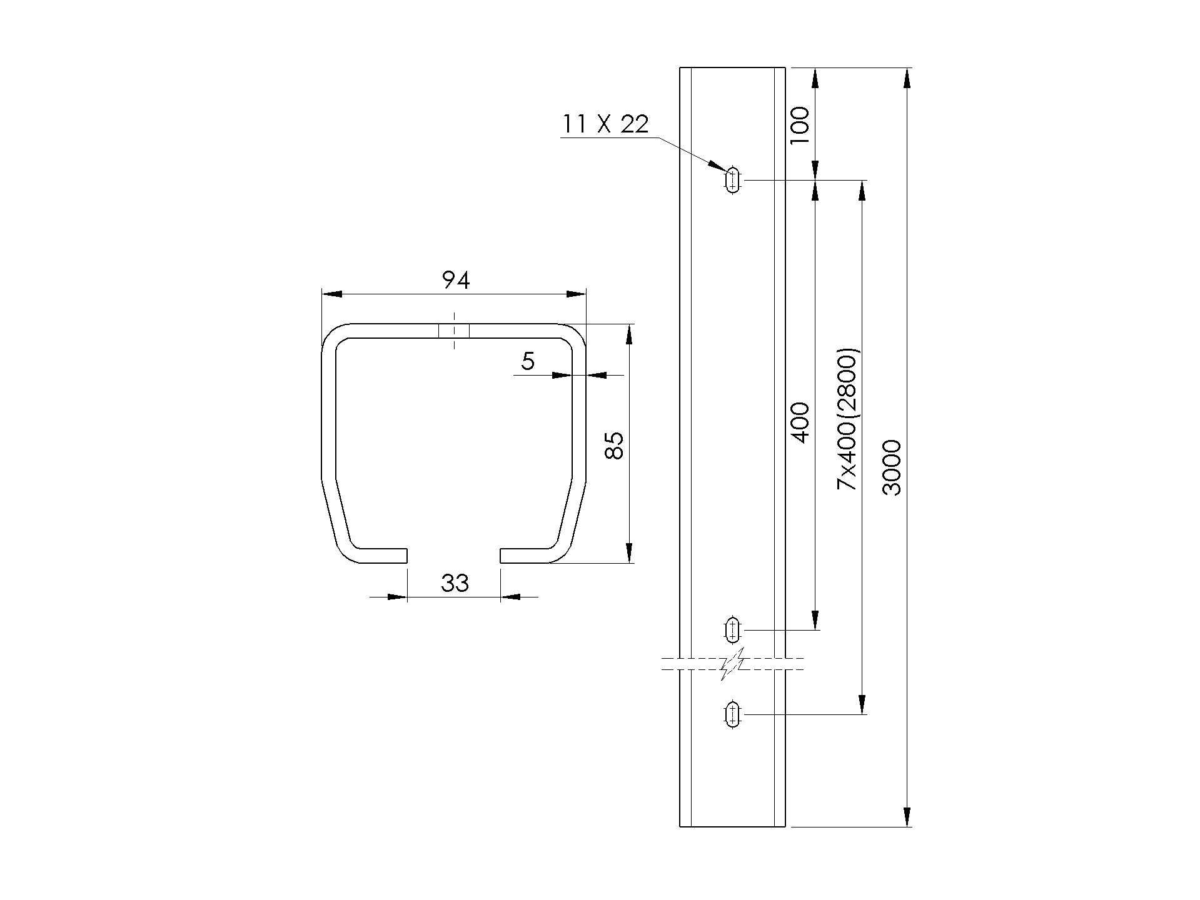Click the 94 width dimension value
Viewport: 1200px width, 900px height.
456,281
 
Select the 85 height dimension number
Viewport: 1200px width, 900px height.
615,445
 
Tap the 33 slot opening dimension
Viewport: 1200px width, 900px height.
455,583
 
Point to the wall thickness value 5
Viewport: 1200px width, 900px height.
528,361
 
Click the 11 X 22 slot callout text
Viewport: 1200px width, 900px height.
605,124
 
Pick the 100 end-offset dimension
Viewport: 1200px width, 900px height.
799,126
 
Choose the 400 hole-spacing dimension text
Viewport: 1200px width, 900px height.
800,422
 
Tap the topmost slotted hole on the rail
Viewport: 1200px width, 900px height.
733,181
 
